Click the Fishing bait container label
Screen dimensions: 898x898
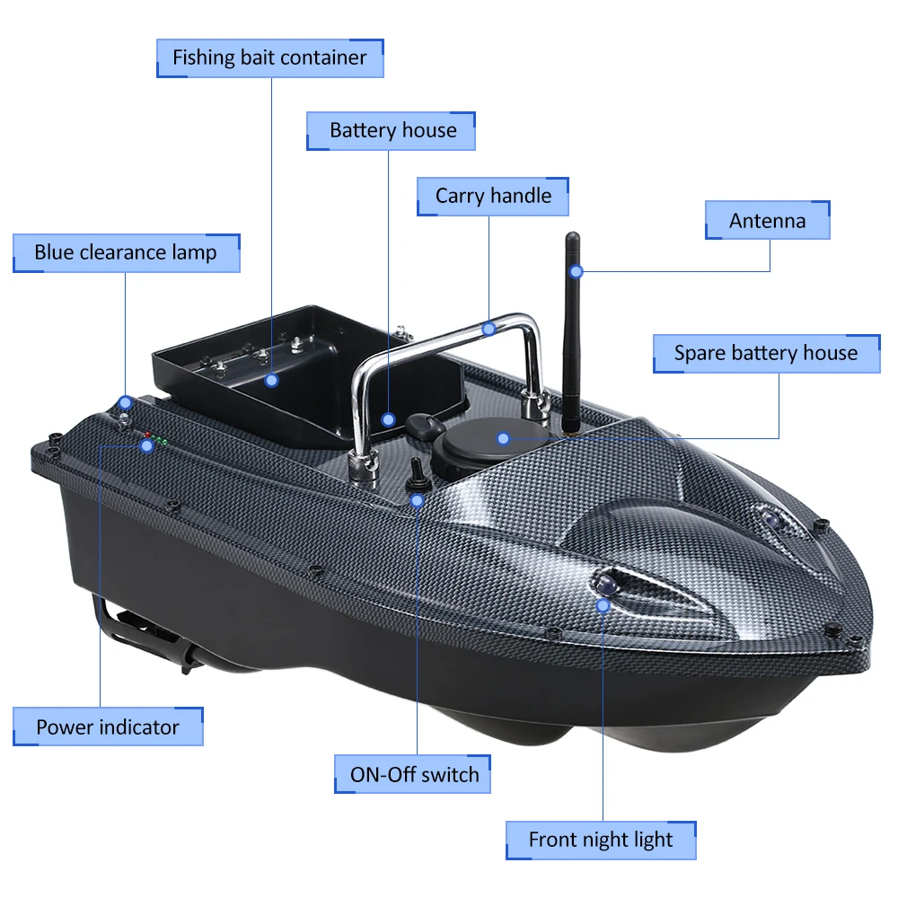pos(269,58)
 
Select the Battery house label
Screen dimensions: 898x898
pos(392,131)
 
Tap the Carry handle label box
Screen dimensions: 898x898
pos(493,197)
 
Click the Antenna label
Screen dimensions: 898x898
pos(767,221)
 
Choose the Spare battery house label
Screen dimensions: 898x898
pos(765,353)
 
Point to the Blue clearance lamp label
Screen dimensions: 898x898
pos(126,253)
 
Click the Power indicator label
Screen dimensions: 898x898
pos(108,726)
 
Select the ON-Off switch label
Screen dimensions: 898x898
pos(414,774)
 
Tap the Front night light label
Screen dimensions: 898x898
pos(600,841)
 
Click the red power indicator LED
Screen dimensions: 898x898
pos(147,436)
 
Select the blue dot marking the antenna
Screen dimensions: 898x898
pos(577,270)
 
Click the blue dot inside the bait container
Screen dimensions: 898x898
pos(272,380)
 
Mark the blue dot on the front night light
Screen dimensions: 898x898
pos(603,605)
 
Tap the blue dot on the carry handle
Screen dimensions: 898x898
pos(489,329)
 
